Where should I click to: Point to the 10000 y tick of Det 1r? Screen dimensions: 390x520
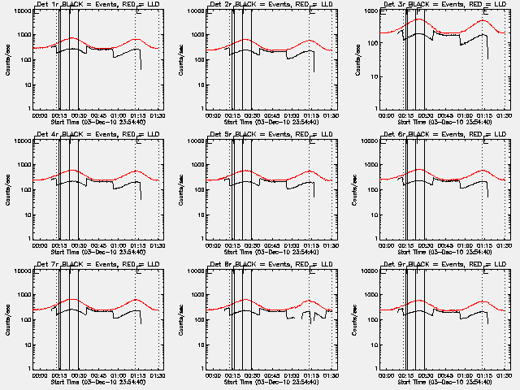coord(20,11)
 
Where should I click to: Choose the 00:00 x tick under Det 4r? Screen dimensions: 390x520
coord(38,245)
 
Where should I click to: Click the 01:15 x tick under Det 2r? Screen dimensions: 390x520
coord(309,115)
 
